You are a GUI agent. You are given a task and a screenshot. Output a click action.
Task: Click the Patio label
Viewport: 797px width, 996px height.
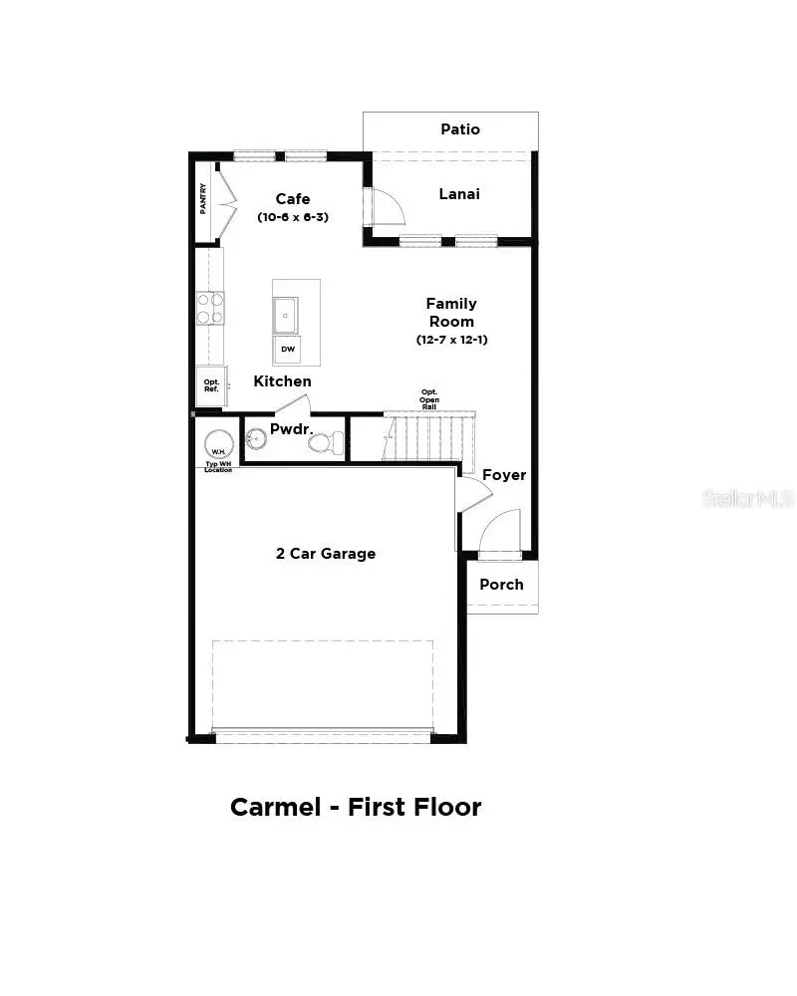460,129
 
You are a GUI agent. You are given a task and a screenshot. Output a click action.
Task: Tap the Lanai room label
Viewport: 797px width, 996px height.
459,194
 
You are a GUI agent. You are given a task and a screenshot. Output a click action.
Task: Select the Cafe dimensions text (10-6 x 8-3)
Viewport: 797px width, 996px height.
293,217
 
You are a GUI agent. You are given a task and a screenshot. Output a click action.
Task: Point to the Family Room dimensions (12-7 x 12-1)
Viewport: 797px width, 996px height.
451,340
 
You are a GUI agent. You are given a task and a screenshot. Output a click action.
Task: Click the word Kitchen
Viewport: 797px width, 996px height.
282,381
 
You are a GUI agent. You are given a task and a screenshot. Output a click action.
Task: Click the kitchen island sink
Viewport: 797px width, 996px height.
286,315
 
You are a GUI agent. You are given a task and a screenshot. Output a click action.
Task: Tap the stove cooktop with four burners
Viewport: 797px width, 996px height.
210,308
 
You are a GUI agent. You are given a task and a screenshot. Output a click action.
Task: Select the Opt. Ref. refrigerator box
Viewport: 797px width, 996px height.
211,385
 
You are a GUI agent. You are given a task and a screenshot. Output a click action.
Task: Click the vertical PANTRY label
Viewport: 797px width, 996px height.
203,198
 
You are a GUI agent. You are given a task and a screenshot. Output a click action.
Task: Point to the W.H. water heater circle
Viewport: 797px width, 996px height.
218,444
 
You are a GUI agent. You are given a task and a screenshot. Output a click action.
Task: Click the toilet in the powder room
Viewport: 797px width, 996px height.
327,443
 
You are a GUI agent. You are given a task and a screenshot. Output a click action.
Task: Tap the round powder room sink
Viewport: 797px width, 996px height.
255,438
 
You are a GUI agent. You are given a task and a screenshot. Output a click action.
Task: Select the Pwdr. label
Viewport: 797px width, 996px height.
291,429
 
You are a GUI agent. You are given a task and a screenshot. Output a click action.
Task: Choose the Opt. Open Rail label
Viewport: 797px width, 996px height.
429,399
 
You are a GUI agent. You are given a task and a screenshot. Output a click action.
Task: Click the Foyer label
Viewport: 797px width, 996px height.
504,475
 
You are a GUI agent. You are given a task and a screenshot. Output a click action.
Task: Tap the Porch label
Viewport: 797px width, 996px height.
501,585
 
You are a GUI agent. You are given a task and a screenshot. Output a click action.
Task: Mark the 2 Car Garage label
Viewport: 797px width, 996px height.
326,554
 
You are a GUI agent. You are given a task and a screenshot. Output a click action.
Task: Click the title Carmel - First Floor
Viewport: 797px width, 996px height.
356,807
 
